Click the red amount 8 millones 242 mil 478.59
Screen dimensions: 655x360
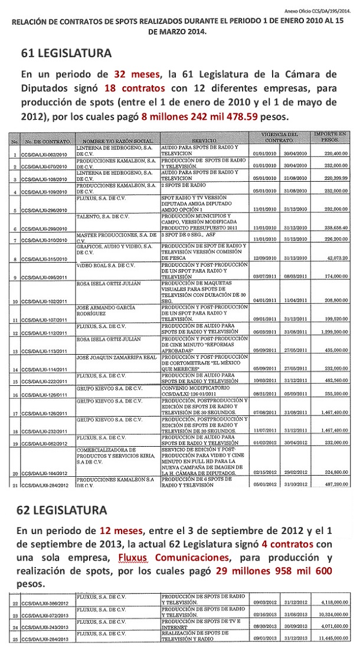pyautogui.click(x=199, y=116)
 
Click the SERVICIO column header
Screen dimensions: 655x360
pyautogui.click(x=202, y=142)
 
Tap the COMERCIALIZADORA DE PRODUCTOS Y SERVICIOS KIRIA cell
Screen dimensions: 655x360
pyautogui.click(x=112, y=438)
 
